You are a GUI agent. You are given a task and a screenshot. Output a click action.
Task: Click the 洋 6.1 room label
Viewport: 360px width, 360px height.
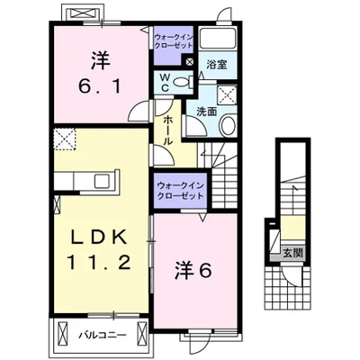click(100, 72)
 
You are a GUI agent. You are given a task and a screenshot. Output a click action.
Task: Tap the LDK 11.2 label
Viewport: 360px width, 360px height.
click(99, 250)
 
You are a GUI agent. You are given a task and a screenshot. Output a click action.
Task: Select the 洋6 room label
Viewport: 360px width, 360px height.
click(193, 270)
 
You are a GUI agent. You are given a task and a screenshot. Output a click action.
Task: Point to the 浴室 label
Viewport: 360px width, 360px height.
click(217, 65)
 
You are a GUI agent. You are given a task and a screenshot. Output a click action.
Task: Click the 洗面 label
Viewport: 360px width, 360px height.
click(206, 112)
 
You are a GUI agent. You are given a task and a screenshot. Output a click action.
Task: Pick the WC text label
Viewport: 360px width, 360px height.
click(166, 83)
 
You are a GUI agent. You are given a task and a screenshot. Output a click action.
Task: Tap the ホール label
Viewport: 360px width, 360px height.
click(168, 130)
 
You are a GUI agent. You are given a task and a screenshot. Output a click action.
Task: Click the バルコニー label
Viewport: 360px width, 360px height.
click(103, 335)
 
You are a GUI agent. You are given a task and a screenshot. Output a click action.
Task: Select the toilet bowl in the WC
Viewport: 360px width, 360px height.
click(183, 82)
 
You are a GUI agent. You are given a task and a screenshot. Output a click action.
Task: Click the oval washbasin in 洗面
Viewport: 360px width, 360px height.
click(227, 125)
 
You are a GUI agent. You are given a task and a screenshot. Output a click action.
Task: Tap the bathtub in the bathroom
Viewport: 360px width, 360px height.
click(218, 38)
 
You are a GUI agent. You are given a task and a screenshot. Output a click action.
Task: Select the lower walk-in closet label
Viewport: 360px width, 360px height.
click(180, 191)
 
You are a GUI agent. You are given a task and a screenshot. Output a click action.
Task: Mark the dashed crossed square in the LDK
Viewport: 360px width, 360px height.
click(65, 139)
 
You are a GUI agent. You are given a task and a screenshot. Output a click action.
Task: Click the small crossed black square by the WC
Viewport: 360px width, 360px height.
click(190, 62)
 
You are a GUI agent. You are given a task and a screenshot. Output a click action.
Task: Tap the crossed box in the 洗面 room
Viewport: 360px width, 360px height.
click(226, 94)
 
